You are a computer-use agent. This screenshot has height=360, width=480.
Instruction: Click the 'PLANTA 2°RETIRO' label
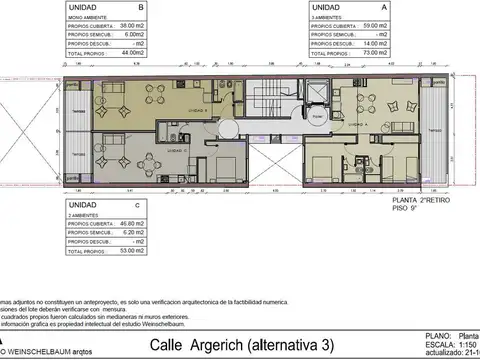click(418, 201)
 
